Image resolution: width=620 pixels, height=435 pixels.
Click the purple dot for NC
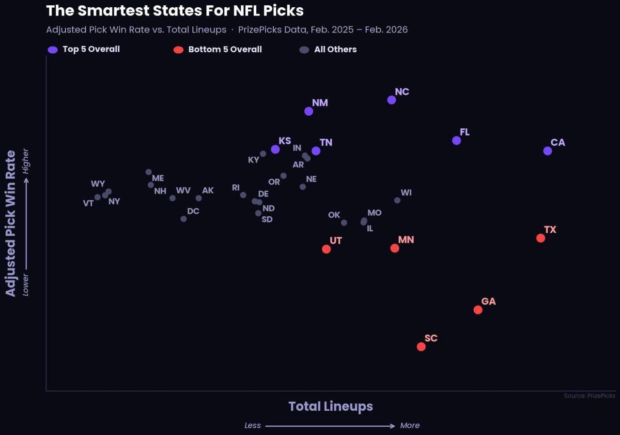[391, 100]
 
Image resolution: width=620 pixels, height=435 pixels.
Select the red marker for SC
[421, 346]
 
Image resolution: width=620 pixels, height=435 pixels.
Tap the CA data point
[547, 151]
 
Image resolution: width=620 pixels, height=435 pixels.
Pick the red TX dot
[541, 238]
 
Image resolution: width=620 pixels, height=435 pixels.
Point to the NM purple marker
[309, 111]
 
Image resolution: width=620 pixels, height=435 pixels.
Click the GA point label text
[488, 301]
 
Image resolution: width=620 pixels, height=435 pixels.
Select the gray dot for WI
[397, 200]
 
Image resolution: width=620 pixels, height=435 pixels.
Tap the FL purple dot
[456, 140]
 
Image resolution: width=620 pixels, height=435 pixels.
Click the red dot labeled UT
[326, 249]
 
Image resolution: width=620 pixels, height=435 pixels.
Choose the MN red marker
[395, 248]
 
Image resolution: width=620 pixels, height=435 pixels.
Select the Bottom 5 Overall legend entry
[218, 49]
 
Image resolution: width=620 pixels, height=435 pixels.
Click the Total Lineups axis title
[330, 406]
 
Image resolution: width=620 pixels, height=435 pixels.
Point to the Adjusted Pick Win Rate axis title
[11, 223]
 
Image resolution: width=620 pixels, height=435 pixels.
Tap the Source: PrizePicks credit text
[589, 396]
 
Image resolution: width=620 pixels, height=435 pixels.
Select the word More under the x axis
[410, 426]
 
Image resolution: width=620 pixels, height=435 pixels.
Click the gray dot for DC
[184, 219]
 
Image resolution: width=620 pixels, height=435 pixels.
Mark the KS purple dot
[275, 150]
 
